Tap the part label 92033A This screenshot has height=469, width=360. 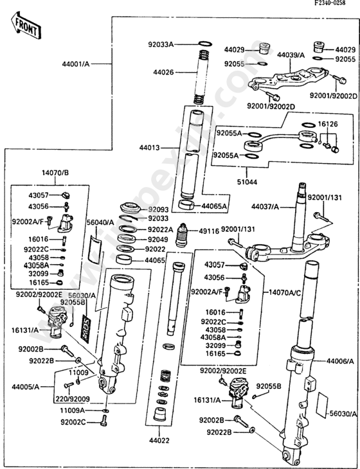160,45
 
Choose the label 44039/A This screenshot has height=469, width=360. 291,56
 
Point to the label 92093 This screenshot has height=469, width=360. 158,209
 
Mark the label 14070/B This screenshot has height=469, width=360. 56,173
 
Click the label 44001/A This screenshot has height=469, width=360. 76,64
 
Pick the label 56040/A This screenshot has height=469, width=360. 100,222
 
